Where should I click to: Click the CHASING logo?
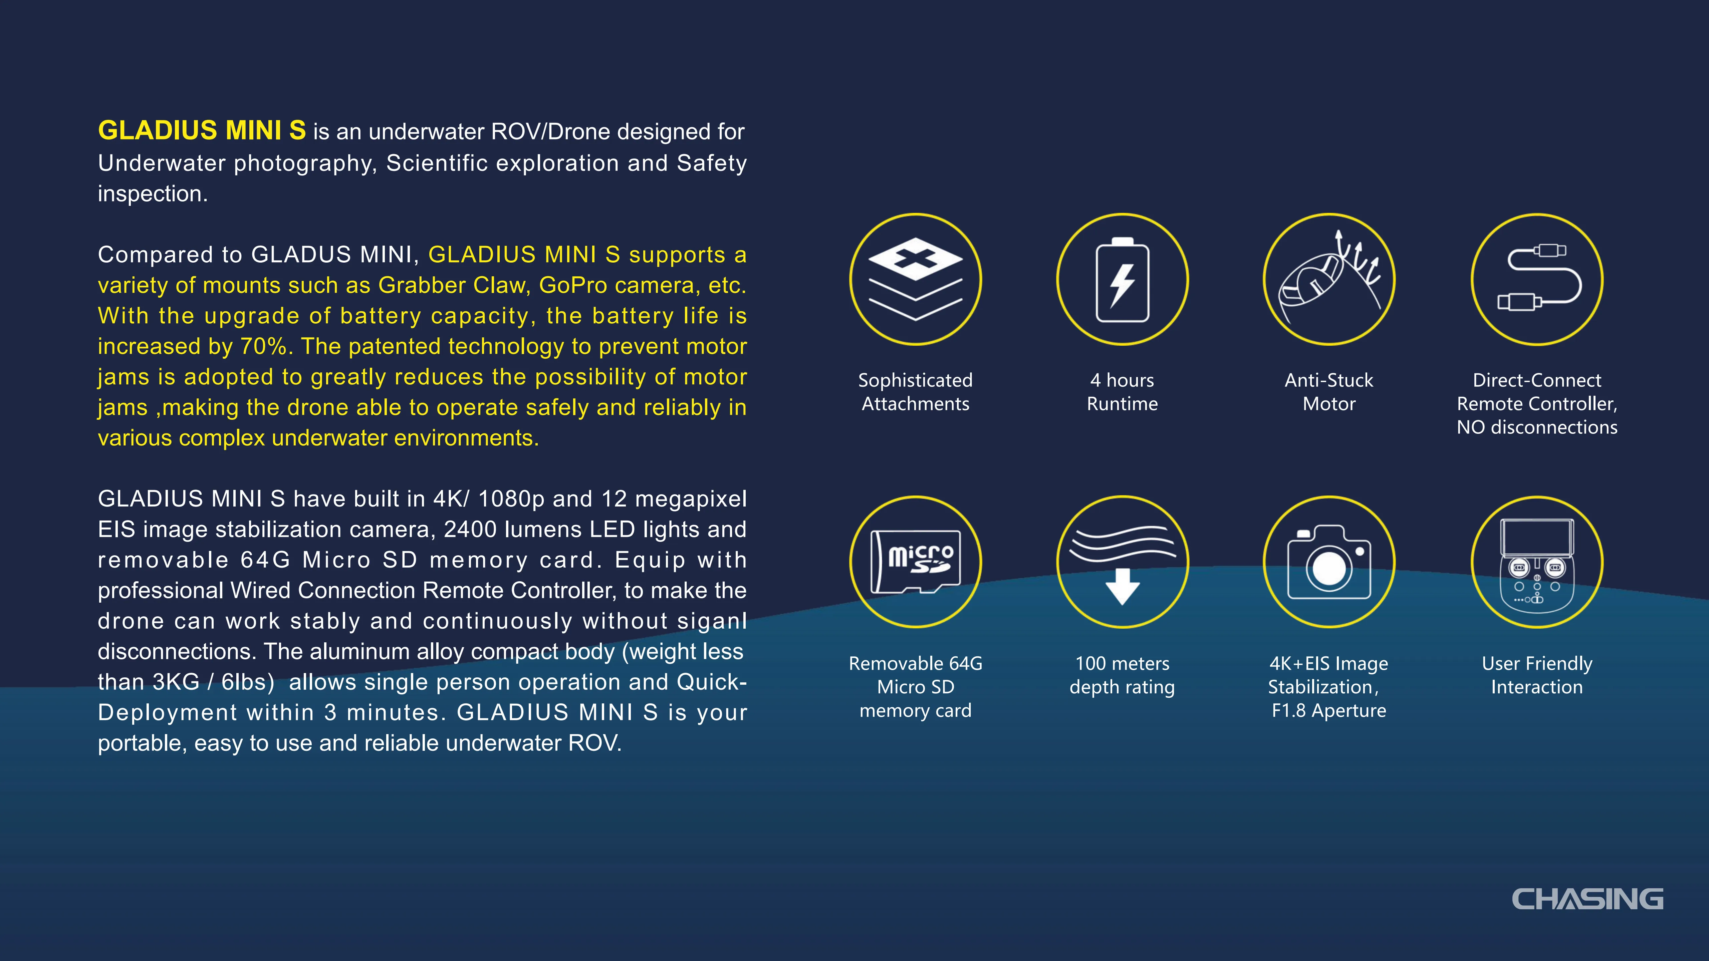(x=1587, y=899)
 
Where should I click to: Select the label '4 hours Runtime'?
(x=1122, y=392)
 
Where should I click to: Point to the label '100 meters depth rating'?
(x=1122, y=675)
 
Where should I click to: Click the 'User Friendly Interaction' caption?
(x=1536, y=675)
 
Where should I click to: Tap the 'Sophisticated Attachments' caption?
(x=916, y=392)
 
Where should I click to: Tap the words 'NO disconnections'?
(x=1536, y=427)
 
